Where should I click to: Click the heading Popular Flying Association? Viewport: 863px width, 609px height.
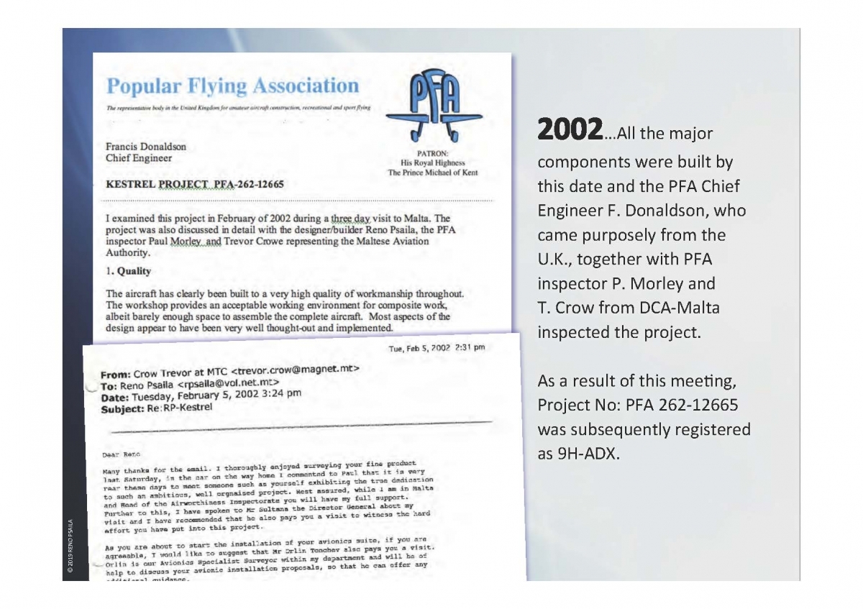[232, 86]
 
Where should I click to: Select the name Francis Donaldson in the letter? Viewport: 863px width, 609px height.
[147, 147]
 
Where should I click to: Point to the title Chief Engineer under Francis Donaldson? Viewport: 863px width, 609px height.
[139, 158]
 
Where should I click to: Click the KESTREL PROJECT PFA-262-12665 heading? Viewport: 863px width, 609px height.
[194, 184]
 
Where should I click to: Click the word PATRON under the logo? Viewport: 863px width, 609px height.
[432, 153]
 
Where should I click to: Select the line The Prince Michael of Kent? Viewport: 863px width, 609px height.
[432, 173]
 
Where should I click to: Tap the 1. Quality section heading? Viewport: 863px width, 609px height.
[129, 271]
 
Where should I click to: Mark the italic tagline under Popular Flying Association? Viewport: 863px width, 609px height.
[238, 107]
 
